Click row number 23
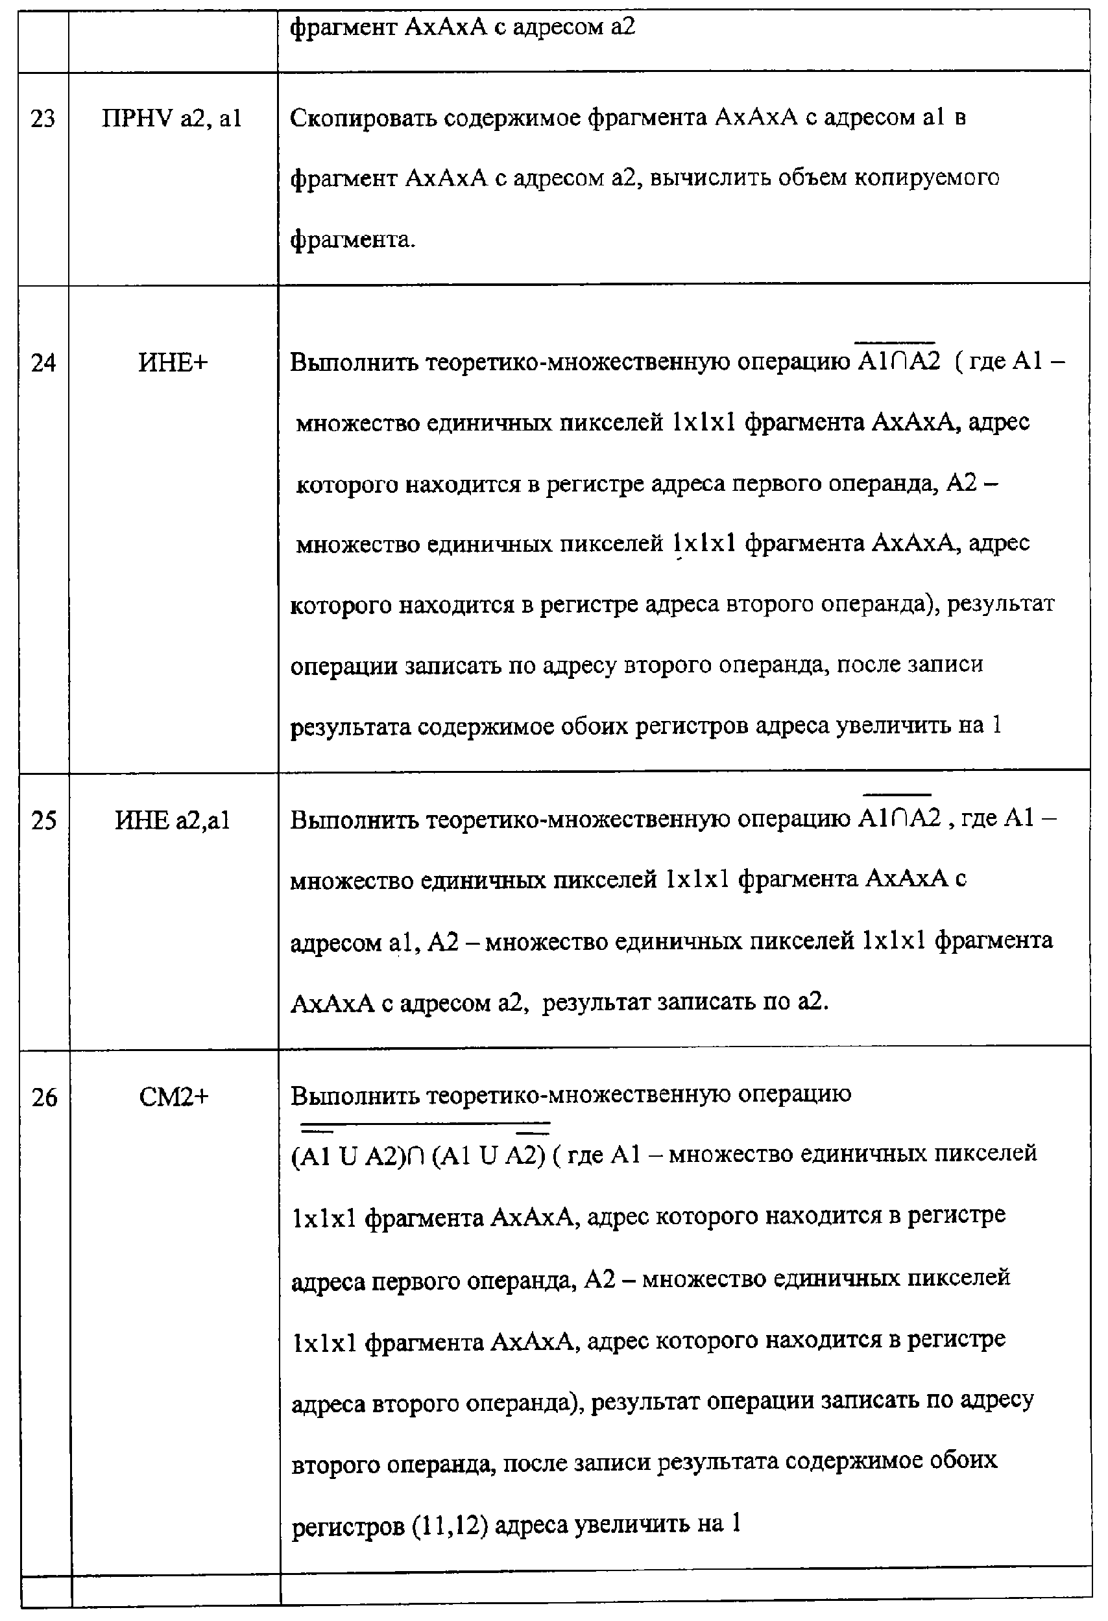tap(43, 119)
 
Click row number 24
tap(43, 362)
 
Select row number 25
tap(43, 820)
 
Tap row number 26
tap(44, 1098)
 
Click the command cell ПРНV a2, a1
tap(172, 119)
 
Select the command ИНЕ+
tap(173, 362)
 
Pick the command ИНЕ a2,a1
tap(173, 820)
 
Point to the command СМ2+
tap(174, 1098)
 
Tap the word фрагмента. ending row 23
tap(352, 240)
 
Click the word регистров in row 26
tap(348, 1527)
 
